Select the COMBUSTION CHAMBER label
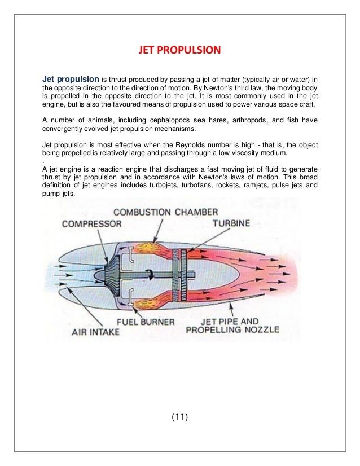[165, 212]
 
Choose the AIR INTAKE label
[95, 331]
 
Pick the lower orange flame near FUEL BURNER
[142, 304]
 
